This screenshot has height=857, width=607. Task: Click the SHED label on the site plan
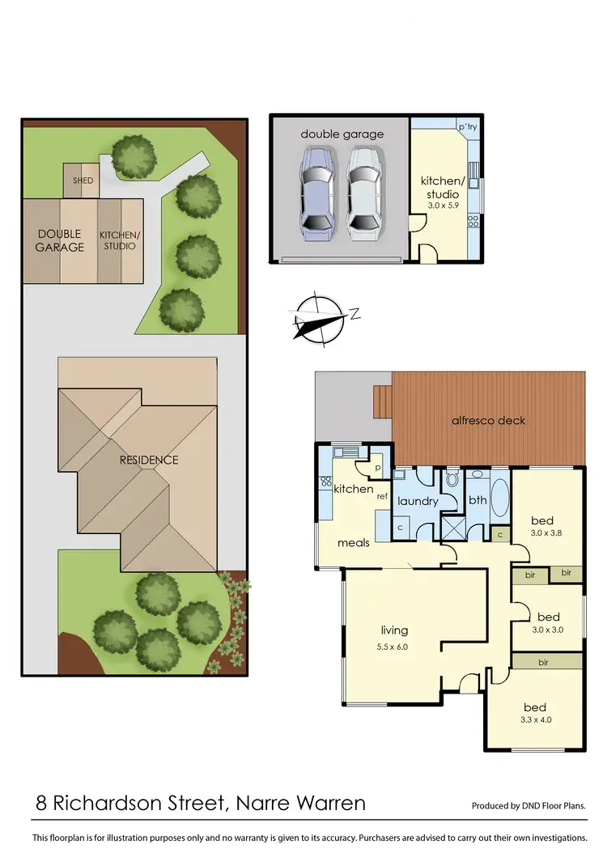[83, 180]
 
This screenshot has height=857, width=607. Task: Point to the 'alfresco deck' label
[488, 420]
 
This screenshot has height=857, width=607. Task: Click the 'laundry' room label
[417, 501]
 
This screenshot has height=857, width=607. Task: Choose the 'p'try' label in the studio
[467, 127]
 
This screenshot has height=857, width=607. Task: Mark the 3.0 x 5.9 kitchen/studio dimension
[443, 206]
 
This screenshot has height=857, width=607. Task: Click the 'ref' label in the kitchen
[382, 496]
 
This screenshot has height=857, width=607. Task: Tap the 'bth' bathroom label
[478, 500]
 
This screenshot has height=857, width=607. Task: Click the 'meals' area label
[354, 542]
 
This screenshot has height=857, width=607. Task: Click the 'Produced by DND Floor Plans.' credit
[528, 806]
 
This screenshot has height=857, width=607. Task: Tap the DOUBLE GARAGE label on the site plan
[59, 240]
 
